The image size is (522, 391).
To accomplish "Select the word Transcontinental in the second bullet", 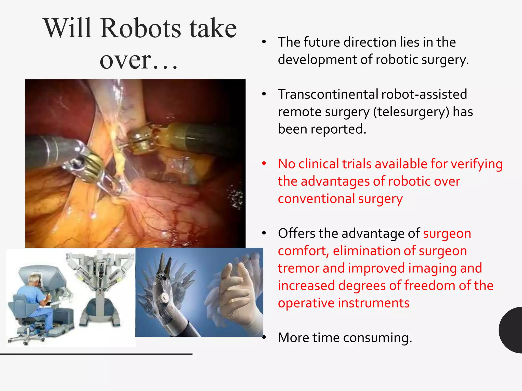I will click(328, 94).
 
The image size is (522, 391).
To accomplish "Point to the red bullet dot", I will click(264, 163).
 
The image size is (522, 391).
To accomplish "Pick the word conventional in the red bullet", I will click(316, 199).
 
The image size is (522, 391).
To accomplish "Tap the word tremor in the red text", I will click(298, 268).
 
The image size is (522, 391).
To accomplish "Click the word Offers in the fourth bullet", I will click(296, 233).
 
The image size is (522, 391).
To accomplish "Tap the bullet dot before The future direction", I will click(264, 42).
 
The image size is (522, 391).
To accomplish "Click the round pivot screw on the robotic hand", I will click(165, 297).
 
